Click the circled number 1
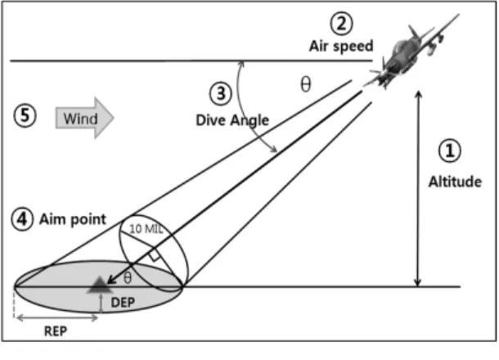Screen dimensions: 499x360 (449, 151)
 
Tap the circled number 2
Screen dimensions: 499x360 (342, 23)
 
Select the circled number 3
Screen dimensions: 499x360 (221, 93)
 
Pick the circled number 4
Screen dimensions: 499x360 (22, 219)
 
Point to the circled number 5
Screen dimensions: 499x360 (25, 115)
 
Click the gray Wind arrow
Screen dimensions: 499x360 (84, 118)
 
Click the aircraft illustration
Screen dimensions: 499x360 (412, 51)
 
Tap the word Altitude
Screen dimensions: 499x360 (455, 182)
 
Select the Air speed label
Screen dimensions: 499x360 (341, 47)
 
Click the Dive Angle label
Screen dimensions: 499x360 (232, 120)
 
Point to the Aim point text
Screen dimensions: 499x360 (73, 219)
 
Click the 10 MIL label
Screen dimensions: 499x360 (146, 228)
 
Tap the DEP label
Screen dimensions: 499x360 (123, 303)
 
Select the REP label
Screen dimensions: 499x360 (56, 331)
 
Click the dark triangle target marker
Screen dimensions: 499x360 (101, 285)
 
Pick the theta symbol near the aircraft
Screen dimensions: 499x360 (306, 84)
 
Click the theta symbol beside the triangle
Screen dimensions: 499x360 (128, 278)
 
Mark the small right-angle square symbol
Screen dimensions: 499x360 (154, 255)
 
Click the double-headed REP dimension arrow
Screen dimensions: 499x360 (57, 317)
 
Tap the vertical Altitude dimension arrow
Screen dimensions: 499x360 (419, 188)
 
